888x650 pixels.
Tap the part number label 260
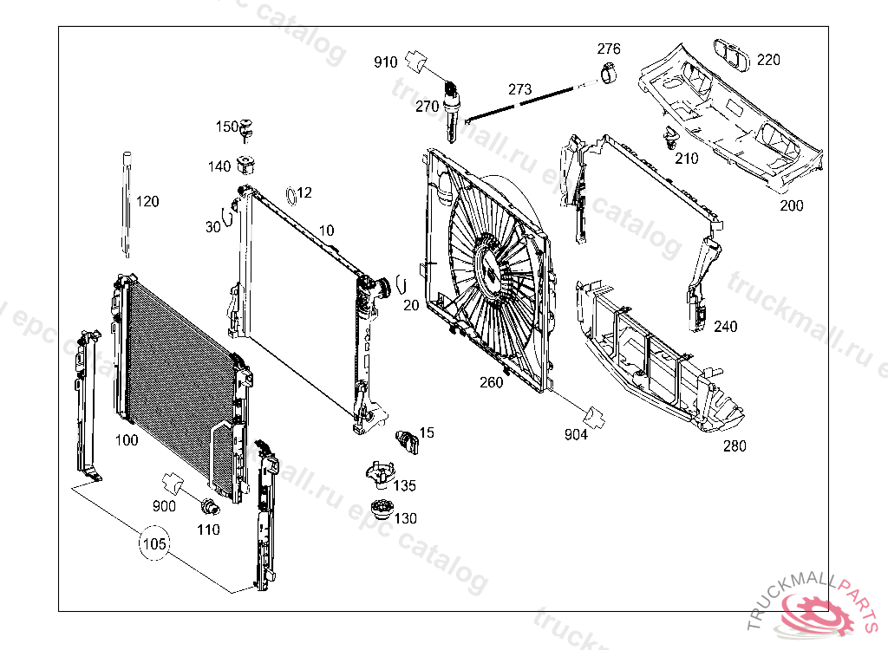pyautogui.click(x=492, y=381)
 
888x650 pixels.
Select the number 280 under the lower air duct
pyautogui.click(x=734, y=447)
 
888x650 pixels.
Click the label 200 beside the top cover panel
pyautogui.click(x=791, y=206)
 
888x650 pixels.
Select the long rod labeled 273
pyautogui.click(x=520, y=103)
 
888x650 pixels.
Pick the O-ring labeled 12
pyautogui.click(x=293, y=192)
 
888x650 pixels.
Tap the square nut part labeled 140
pyautogui.click(x=247, y=163)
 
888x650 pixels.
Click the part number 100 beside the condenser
pyautogui.click(x=127, y=440)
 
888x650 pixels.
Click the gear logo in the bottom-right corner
pyautogui.click(x=819, y=616)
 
